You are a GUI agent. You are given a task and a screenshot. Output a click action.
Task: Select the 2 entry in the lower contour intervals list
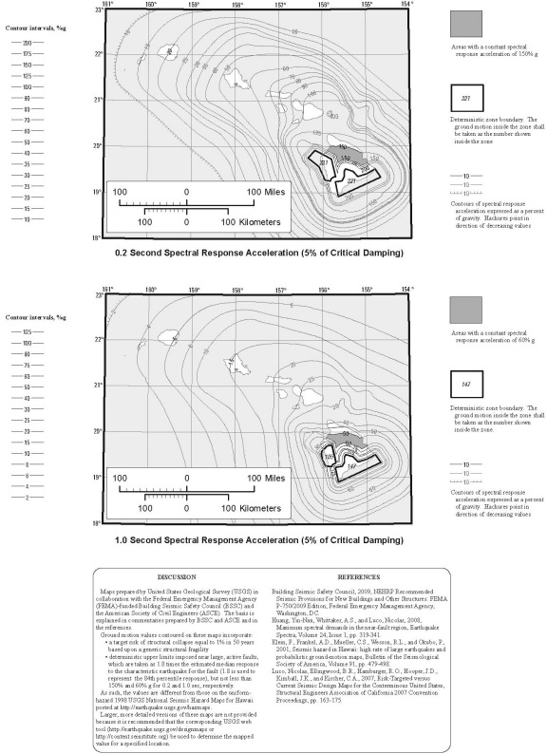tap(28, 497)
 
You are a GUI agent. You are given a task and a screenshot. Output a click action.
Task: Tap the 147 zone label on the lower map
tap(350, 465)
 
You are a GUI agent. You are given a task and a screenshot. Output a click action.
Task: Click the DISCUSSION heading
tap(177, 576)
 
